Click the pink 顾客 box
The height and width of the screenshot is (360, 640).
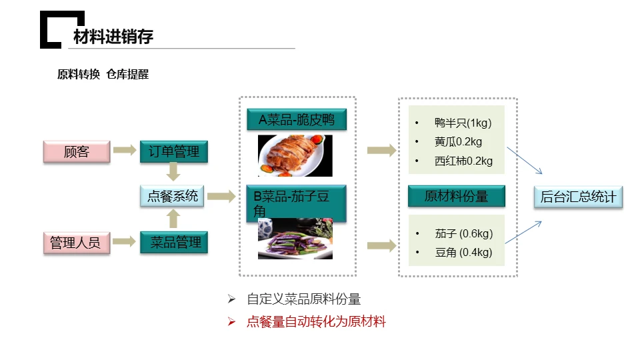click(77, 151)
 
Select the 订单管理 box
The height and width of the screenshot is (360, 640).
click(174, 151)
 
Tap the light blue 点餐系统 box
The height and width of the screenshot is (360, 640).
click(172, 196)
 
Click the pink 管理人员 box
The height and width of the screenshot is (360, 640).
click(77, 243)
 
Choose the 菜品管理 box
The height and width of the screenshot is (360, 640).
click(174, 243)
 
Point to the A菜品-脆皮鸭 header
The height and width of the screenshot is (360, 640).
click(297, 119)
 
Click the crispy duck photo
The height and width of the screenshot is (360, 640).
click(295, 155)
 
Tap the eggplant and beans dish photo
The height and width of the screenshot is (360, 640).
click(295, 239)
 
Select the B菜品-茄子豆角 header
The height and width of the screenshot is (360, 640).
click(296, 203)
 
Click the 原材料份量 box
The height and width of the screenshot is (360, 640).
click(456, 196)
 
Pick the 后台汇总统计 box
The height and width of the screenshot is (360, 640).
click(579, 197)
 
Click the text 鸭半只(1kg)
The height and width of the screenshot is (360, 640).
click(463, 123)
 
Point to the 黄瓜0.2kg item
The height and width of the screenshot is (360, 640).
click(458, 141)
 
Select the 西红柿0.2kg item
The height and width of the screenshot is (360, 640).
click(463, 161)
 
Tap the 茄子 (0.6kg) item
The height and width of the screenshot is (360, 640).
click(464, 233)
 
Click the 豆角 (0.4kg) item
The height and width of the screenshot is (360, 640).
click(463, 252)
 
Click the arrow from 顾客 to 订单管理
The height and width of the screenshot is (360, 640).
click(125, 150)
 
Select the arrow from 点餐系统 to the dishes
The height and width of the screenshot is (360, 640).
click(221, 196)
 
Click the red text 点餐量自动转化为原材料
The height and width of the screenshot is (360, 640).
click(316, 321)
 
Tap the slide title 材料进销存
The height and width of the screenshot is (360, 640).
click(113, 37)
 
